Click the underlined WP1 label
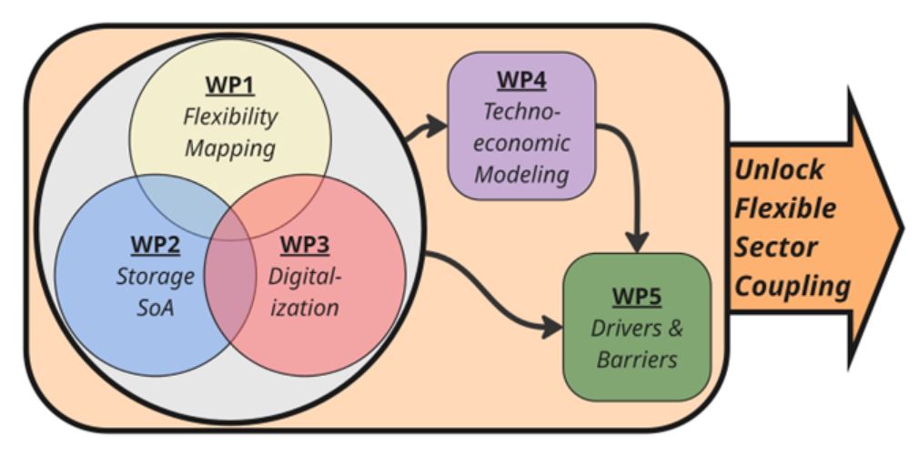coord(229,86)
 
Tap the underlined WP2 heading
coord(156,245)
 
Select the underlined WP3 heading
coord(305,245)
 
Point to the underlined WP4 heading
coord(521,80)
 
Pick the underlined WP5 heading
coord(637,296)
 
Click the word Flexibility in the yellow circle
coord(230,117)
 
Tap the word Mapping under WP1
coord(229,148)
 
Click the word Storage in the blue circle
coord(156,277)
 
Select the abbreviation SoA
coord(156,308)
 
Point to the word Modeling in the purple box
coord(521,174)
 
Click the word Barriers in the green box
coord(637,359)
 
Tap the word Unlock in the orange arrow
coord(780,169)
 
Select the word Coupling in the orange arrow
coord(793,286)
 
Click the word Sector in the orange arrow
coord(776,247)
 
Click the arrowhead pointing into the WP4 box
coord(437,126)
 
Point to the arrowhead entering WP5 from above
coord(637,241)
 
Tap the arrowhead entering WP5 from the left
coord(552,327)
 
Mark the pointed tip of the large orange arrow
coord(903,228)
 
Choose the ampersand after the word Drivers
coord(675,328)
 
